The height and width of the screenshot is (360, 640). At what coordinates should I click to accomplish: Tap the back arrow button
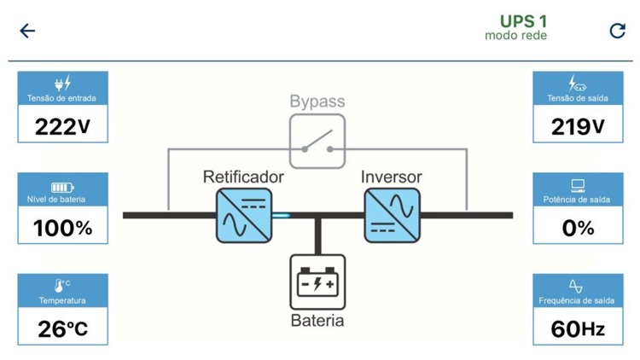pos(27,31)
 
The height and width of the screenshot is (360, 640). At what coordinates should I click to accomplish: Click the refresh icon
pos(617,31)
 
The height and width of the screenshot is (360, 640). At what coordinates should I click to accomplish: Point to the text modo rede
pos(515,36)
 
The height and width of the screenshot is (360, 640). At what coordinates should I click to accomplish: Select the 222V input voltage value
pos(62,126)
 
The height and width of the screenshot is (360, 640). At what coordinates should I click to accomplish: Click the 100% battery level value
pos(62,228)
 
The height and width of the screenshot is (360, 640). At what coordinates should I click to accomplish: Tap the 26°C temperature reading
pos(62,328)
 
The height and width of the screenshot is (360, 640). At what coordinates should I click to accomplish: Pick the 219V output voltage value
pos(578,126)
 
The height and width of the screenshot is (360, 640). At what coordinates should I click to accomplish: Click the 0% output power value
pos(578,228)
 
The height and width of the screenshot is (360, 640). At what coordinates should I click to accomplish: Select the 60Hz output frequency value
pos(578,328)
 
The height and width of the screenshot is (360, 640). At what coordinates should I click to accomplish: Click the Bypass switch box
pos(317,142)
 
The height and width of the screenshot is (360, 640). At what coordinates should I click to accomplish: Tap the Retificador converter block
pos(243,215)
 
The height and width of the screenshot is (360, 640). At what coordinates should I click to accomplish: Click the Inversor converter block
pos(392,215)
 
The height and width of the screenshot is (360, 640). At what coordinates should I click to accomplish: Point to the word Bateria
pos(317,321)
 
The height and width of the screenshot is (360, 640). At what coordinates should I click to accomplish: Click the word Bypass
pos(317,102)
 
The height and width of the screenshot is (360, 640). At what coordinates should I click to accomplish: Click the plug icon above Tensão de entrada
pos(62,84)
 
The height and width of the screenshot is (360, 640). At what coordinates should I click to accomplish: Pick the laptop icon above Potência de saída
pos(578,185)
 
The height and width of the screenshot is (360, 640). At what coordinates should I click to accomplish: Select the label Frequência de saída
pos(577,300)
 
